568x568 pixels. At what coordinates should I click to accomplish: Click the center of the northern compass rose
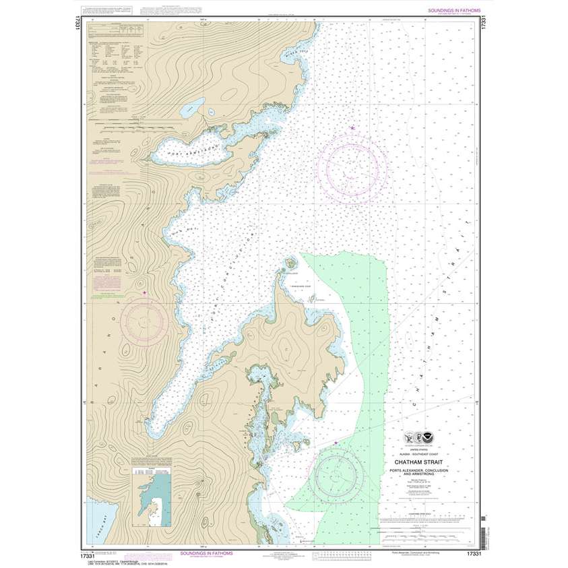coord(354,164)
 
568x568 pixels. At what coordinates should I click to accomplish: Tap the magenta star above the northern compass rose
coord(352,127)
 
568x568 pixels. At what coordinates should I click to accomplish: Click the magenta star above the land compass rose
coord(144,292)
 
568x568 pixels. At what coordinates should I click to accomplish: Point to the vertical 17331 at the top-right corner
coord(484,22)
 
